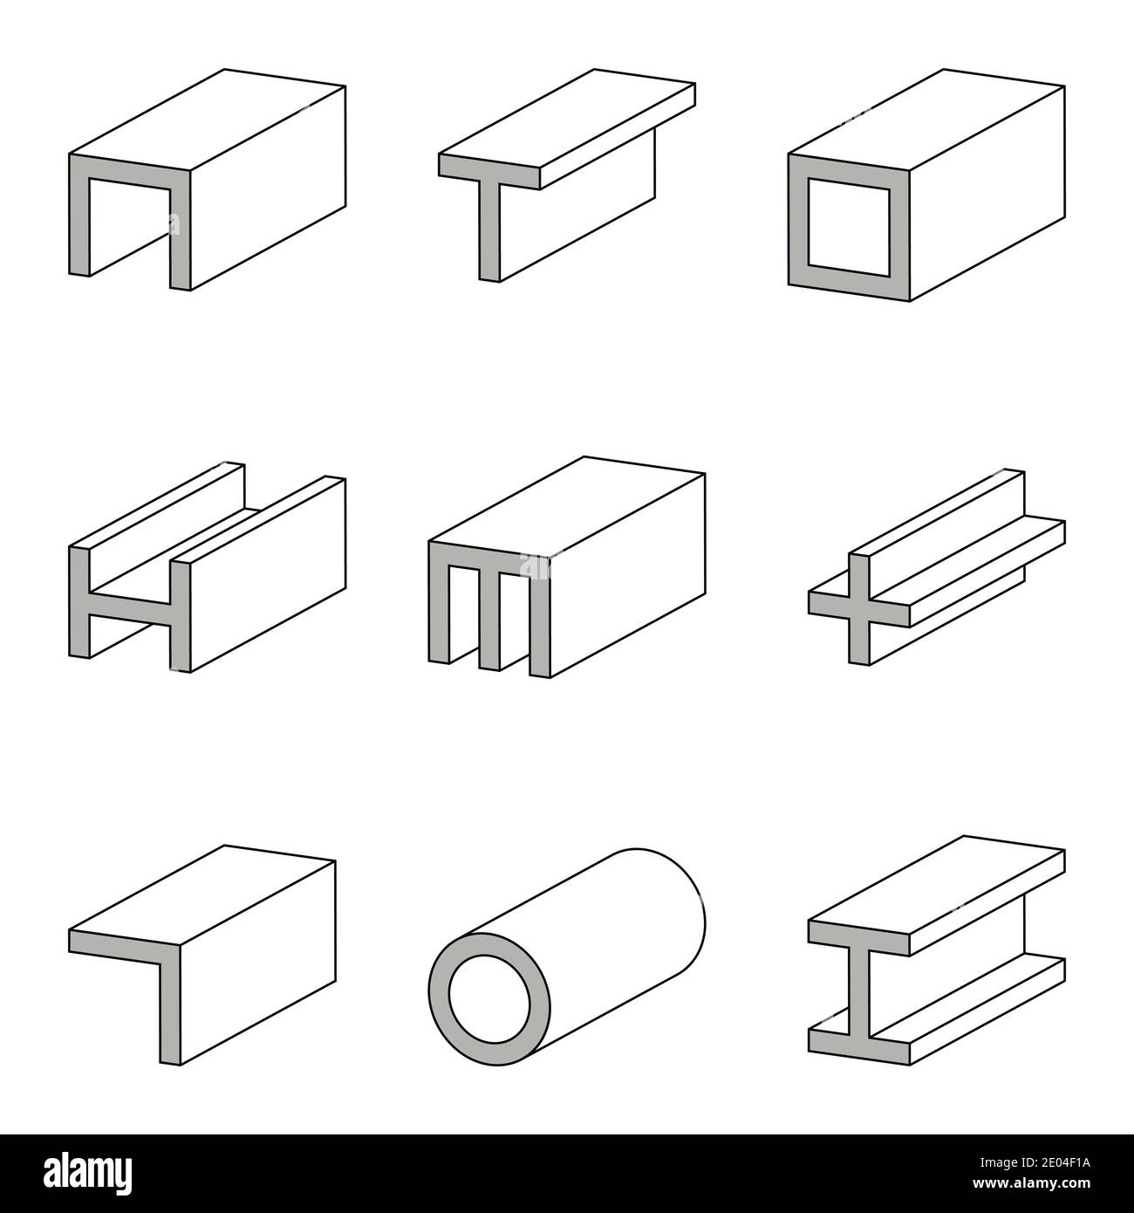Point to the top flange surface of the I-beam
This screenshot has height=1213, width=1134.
pyautogui.click(x=938, y=881)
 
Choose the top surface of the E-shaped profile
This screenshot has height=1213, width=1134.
pyautogui.click(x=567, y=506)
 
